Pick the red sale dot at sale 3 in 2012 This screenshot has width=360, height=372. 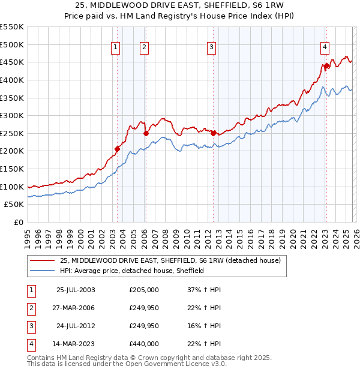click(x=213, y=133)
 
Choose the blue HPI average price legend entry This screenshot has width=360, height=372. click(x=132, y=271)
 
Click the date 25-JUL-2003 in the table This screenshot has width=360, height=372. click(x=75, y=290)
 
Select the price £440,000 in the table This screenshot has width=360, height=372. click(x=144, y=344)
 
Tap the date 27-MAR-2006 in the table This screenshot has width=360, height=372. click(x=75, y=308)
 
